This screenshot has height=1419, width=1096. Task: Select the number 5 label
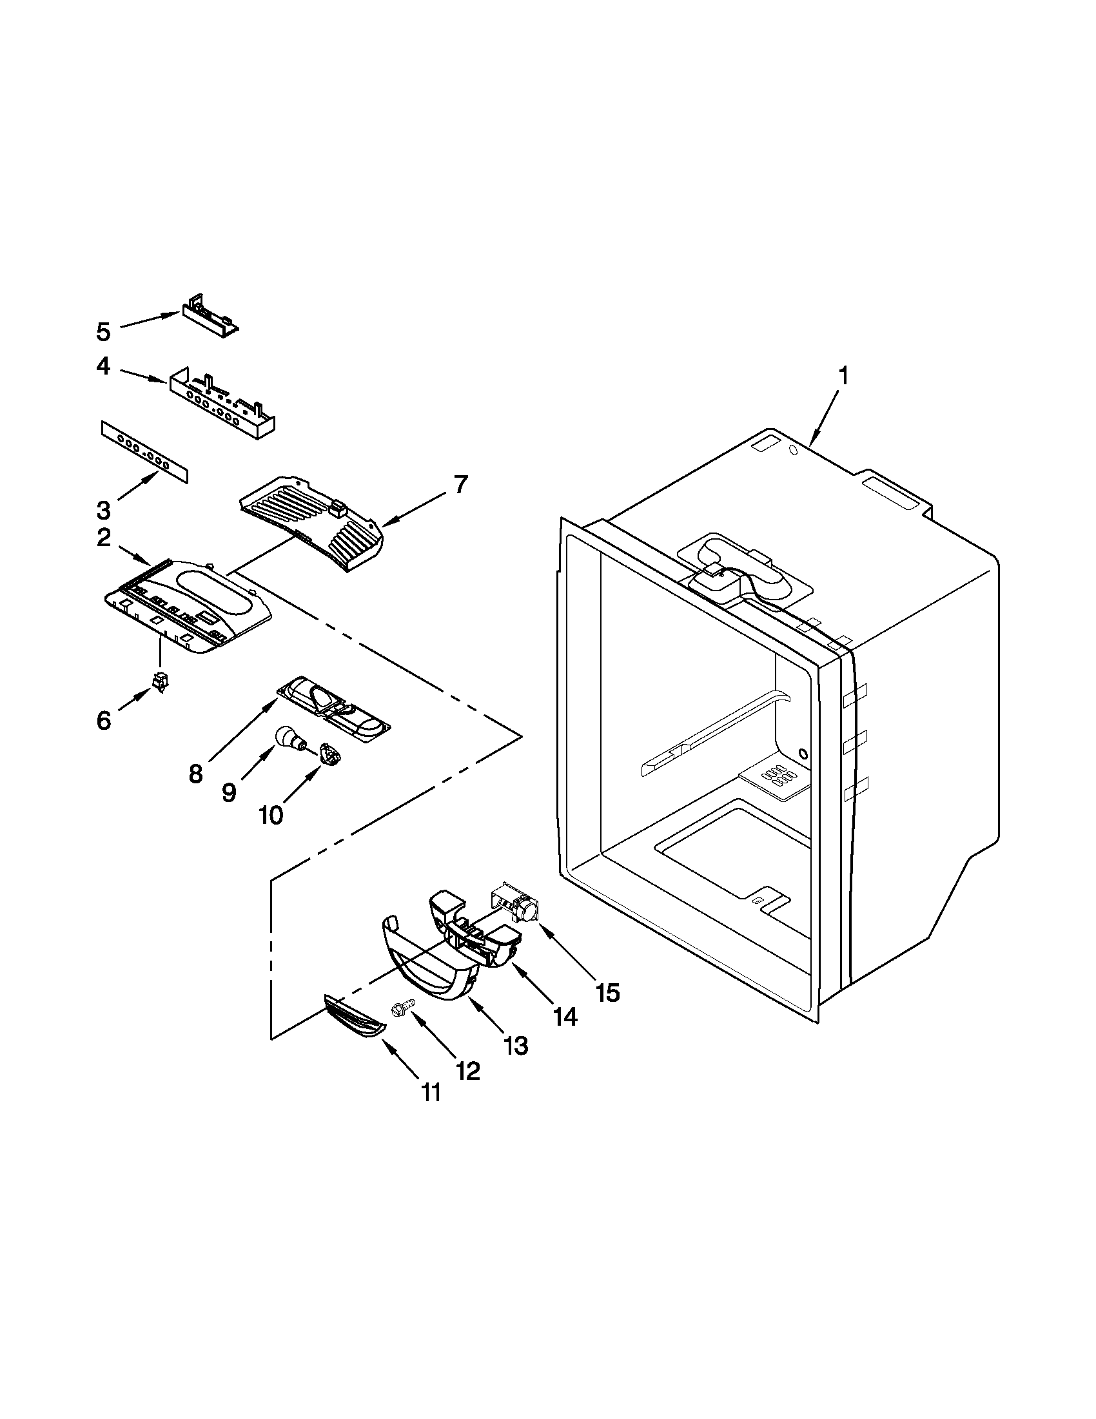pyautogui.click(x=104, y=332)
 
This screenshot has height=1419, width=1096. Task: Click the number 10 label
pyautogui.click(x=271, y=815)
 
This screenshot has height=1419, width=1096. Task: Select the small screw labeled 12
pyautogui.click(x=400, y=1009)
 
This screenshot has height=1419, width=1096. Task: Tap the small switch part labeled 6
pyautogui.click(x=158, y=681)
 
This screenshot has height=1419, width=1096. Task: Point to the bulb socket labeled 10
pyautogui.click(x=331, y=756)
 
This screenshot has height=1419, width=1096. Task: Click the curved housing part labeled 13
pyautogui.click(x=429, y=968)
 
